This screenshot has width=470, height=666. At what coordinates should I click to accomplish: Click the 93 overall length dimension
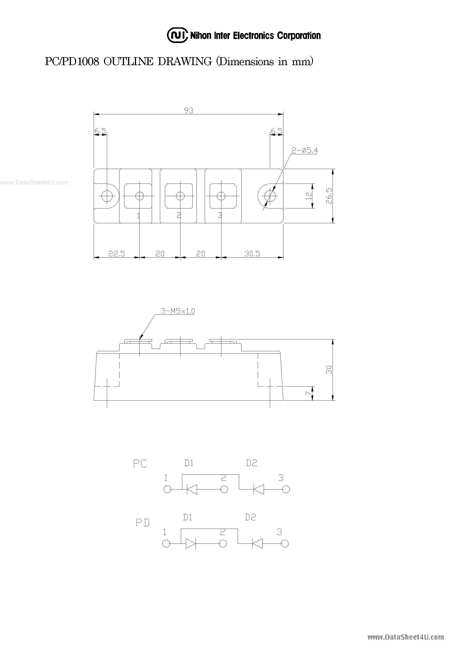(189, 110)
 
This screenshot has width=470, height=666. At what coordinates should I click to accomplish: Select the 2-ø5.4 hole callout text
(305, 150)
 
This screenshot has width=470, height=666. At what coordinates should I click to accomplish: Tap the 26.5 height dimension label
(329, 196)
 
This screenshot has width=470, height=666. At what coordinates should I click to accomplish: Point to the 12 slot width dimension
(309, 196)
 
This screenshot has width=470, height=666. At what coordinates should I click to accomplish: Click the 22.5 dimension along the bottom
(116, 254)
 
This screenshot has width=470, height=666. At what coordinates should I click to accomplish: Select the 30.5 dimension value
(252, 254)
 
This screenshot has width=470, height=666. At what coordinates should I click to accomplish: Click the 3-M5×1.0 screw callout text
(178, 311)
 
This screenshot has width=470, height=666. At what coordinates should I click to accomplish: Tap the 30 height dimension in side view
(329, 370)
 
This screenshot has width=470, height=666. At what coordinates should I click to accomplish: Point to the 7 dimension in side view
(309, 394)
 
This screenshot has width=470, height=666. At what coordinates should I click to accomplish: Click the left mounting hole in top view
(107, 196)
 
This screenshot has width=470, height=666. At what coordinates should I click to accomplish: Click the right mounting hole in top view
(270, 196)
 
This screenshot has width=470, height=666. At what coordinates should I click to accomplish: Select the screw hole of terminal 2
(180, 196)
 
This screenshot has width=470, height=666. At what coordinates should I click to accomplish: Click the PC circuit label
(140, 464)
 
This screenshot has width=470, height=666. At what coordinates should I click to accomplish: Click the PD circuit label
(143, 523)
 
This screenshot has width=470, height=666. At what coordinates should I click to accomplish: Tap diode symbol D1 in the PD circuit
(190, 543)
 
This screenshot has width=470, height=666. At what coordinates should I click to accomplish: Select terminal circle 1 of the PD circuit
(166, 543)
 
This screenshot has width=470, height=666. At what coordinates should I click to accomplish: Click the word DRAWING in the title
(184, 61)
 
